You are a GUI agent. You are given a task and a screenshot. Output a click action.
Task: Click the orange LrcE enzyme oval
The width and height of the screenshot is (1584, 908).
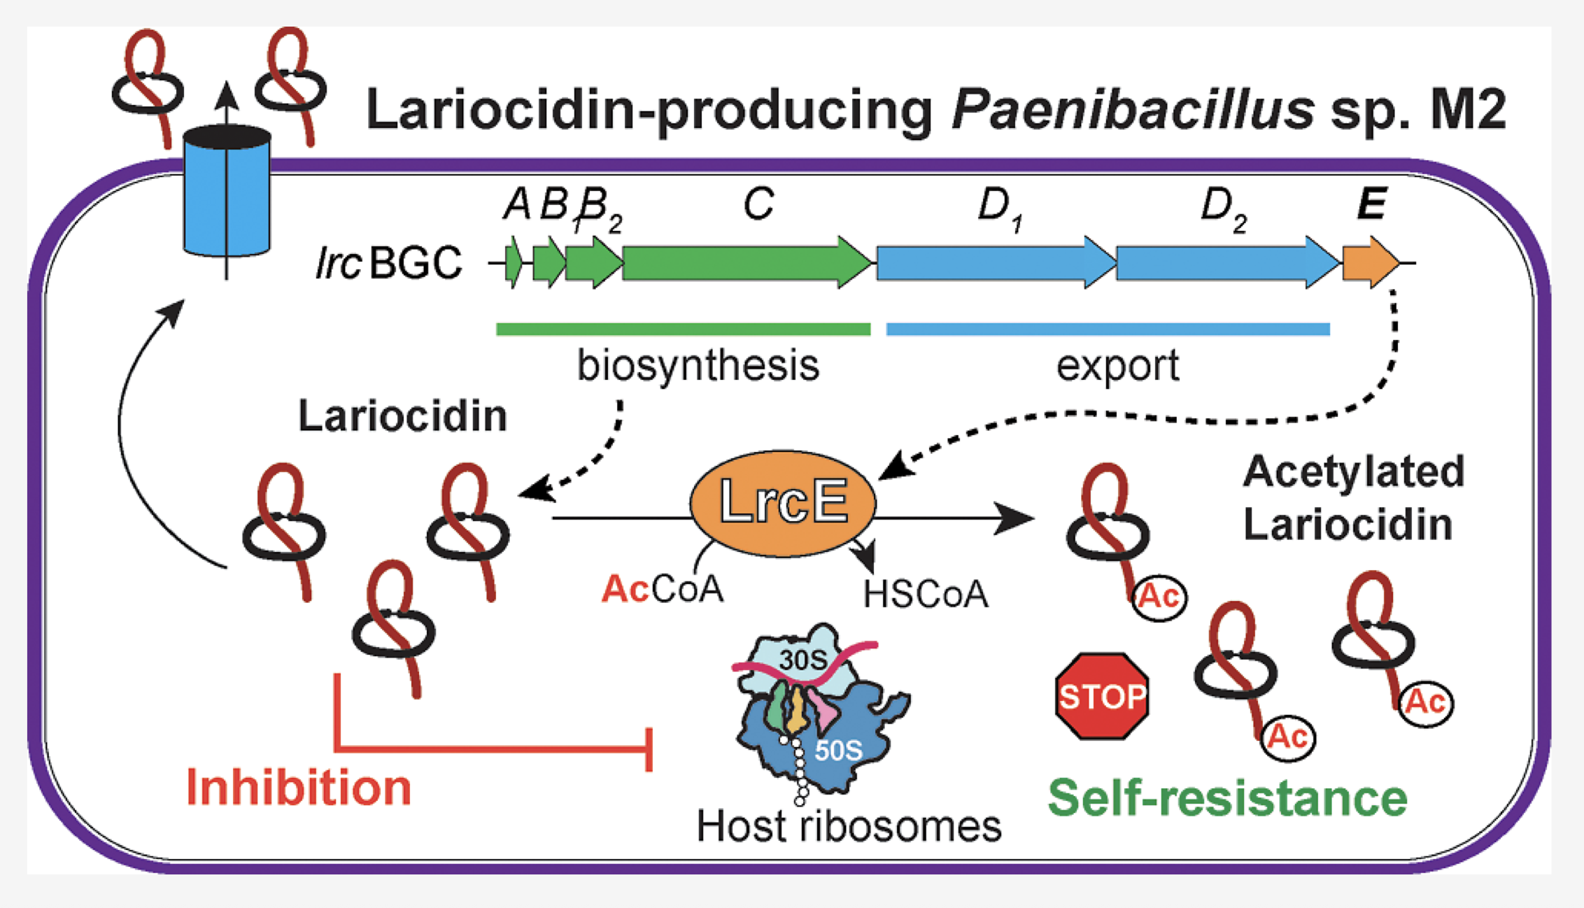(783, 503)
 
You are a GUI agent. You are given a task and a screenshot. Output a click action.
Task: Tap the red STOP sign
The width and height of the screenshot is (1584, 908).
(1102, 696)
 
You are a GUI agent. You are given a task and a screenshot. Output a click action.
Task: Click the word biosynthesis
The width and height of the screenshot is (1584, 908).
(698, 366)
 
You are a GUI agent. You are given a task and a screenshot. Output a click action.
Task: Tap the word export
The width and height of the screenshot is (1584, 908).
(1117, 366)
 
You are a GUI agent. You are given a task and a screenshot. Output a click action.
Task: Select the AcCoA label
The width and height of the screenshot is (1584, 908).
(662, 589)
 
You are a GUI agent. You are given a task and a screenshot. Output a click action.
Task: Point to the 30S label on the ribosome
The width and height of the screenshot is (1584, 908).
(802, 660)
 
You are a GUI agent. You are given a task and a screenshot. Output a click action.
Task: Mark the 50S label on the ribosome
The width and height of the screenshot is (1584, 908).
(837, 751)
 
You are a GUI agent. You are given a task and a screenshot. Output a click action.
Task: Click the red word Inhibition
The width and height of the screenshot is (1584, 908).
(299, 788)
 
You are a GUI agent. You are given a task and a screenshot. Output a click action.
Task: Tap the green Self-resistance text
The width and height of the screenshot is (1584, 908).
(1227, 798)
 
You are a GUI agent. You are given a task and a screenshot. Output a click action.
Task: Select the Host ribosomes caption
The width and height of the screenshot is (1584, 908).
(849, 826)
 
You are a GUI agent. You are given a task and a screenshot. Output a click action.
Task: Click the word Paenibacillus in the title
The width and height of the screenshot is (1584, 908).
(1132, 110)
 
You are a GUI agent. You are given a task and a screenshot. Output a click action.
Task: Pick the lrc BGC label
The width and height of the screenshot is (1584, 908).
(388, 263)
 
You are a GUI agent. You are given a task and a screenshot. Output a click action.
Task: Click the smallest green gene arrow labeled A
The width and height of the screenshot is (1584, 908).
(514, 262)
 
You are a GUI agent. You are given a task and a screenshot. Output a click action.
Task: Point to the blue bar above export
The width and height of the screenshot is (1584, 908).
(1108, 329)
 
